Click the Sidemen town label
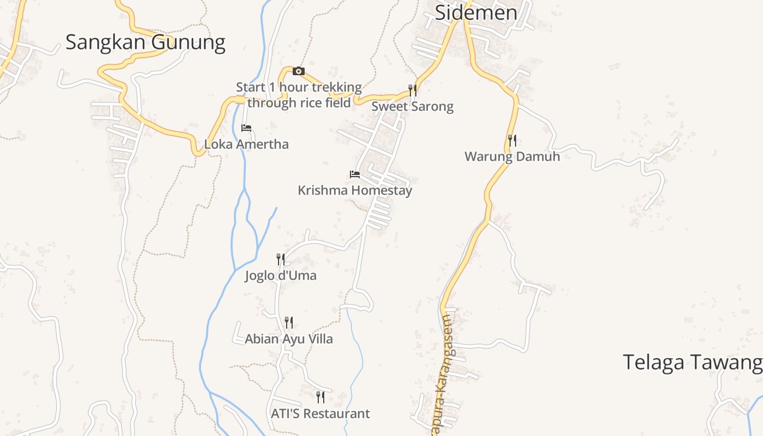click(x=476, y=12)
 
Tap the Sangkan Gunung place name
click(x=145, y=43)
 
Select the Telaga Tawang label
click(x=692, y=362)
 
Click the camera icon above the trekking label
click(x=298, y=71)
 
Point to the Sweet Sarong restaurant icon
click(x=413, y=90)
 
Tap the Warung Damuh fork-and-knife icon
click(x=512, y=141)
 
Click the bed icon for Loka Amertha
click(x=246, y=128)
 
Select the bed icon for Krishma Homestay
click(x=355, y=174)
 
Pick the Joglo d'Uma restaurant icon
click(x=281, y=259)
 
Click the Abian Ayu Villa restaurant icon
click(x=289, y=323)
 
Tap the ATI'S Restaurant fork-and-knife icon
click(x=320, y=397)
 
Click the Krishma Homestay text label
click(x=355, y=191)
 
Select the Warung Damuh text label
click(x=512, y=157)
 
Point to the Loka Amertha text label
click(x=246, y=144)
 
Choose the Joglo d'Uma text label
click(x=281, y=276)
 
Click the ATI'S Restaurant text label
click(x=320, y=414)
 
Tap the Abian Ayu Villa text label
click(x=289, y=339)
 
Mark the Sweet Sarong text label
click(x=413, y=106)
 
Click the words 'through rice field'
click(x=299, y=103)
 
